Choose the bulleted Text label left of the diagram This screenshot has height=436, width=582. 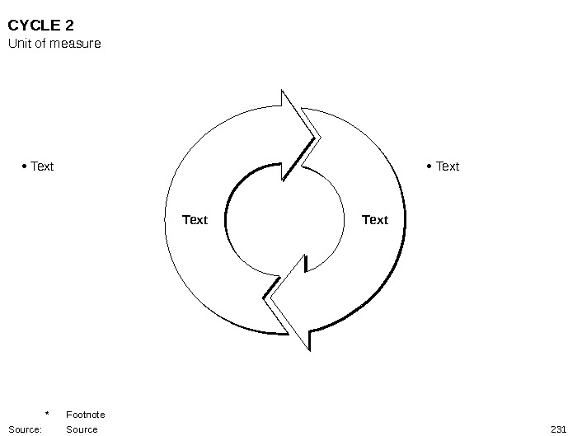pyautogui.click(x=42, y=166)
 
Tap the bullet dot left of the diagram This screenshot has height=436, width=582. pyautogui.click(x=25, y=166)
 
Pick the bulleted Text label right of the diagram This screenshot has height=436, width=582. pyautogui.click(x=448, y=166)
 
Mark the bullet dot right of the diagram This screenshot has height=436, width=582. pyautogui.click(x=430, y=166)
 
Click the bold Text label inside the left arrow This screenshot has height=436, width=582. pyautogui.click(x=195, y=219)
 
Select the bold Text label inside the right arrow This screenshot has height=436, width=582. pyautogui.click(x=375, y=219)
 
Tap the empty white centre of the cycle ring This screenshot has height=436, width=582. pyautogui.click(x=284, y=219)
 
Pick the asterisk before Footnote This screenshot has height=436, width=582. pyautogui.click(x=48, y=415)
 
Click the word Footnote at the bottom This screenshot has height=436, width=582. pyautogui.click(x=86, y=415)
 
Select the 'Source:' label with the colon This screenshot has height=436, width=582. pyautogui.click(x=25, y=429)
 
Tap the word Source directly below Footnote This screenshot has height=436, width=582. pyautogui.click(x=82, y=429)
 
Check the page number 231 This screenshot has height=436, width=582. pyautogui.click(x=558, y=429)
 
